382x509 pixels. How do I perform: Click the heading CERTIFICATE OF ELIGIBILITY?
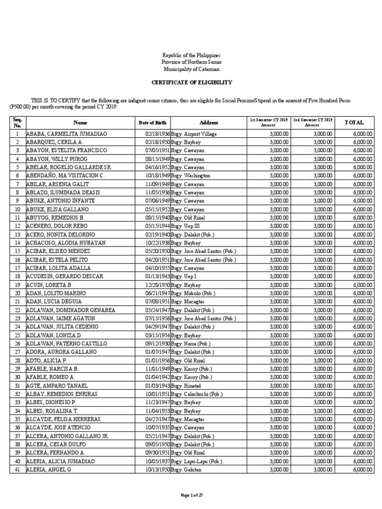pyautogui.click(x=191, y=82)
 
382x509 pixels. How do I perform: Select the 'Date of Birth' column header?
pyautogui.click(x=153, y=122)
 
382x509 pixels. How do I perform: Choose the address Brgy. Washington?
pyautogui.click(x=191, y=176)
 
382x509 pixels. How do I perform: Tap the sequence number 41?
pyautogui.click(x=17, y=469)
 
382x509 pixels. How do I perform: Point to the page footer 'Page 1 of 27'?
pyautogui.click(x=191, y=496)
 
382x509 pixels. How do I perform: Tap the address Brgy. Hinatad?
pyautogui.click(x=187, y=386)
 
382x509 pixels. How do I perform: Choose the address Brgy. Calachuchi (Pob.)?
pyautogui.click(x=198, y=394)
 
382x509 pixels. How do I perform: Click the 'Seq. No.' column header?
pyautogui.click(x=17, y=122)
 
